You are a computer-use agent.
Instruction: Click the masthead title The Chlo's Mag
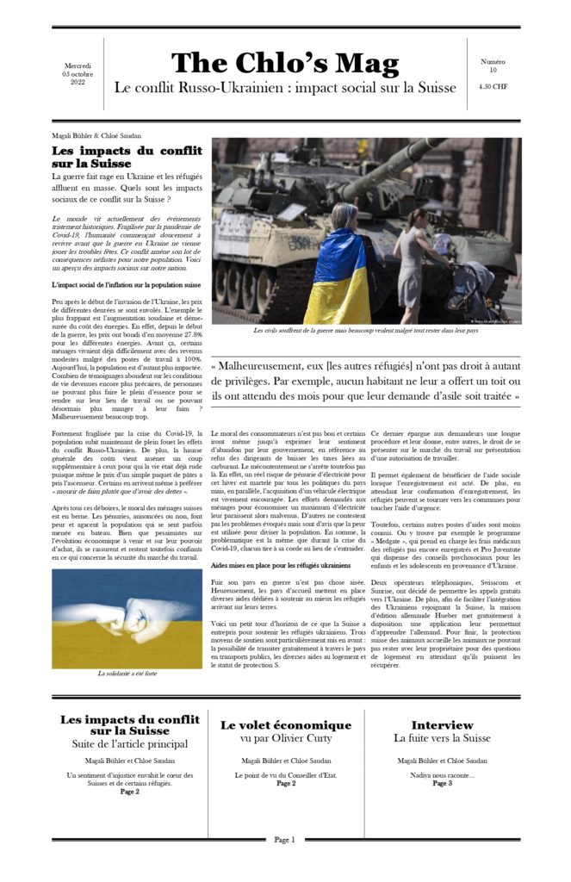(x=285, y=64)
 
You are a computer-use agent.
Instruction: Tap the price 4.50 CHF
(x=493, y=86)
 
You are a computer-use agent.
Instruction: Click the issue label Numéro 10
(x=493, y=65)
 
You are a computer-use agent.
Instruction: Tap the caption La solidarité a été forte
(x=127, y=673)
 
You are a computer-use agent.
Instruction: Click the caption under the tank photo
(x=365, y=330)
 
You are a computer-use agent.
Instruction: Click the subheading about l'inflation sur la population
(x=127, y=284)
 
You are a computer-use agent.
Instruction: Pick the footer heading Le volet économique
(x=285, y=725)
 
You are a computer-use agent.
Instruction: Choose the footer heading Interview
(x=442, y=725)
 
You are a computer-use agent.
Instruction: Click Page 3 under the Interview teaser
(x=442, y=784)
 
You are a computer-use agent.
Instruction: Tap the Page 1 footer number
(x=285, y=840)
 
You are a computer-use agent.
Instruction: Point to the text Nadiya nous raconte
(x=442, y=775)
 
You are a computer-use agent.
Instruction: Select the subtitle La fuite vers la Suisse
(x=442, y=738)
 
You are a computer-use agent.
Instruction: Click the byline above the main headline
(x=96, y=135)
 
